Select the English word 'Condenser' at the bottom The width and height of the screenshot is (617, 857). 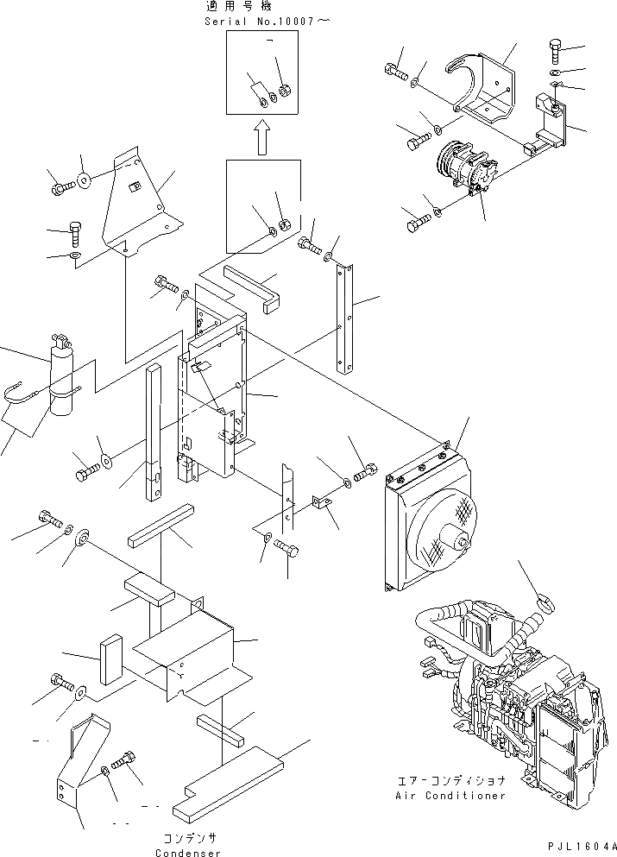(190, 853)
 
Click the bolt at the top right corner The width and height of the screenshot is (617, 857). (556, 50)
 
